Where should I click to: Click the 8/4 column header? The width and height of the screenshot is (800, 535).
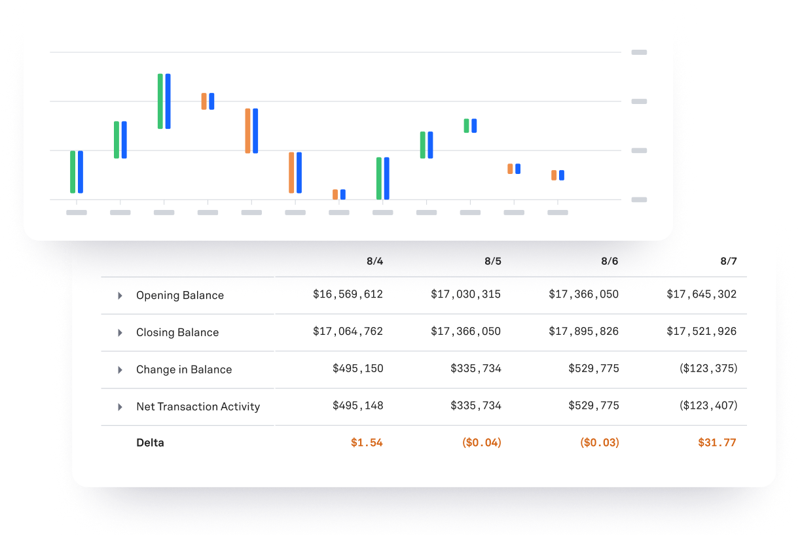(374, 261)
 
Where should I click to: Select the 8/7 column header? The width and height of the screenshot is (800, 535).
(728, 261)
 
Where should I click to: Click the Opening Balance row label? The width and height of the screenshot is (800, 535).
(179, 296)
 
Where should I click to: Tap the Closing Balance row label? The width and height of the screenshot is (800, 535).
(177, 332)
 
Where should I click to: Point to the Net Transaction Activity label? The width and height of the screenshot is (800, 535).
(198, 407)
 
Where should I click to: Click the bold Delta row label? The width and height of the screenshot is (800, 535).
(150, 443)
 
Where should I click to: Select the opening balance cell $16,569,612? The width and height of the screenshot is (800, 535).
(348, 294)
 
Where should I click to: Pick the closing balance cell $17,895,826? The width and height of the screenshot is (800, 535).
(583, 332)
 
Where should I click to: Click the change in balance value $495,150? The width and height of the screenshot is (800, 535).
(357, 369)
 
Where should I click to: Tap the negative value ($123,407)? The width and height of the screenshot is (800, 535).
(708, 406)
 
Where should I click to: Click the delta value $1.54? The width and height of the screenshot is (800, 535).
(367, 443)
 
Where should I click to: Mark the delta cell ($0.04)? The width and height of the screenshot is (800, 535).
(481, 443)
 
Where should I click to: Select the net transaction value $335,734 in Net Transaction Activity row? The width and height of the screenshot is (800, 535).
(475, 406)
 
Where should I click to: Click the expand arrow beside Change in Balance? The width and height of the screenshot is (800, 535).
(120, 370)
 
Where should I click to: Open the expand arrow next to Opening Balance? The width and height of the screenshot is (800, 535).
(120, 296)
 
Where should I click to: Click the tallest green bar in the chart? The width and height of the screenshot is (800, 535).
(160, 101)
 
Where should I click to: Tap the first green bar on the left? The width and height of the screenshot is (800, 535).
(73, 172)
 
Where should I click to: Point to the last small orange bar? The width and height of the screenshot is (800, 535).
(554, 175)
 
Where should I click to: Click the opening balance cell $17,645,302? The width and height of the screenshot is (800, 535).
(701, 294)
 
